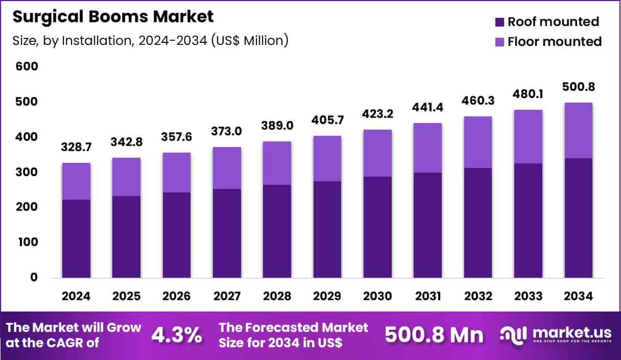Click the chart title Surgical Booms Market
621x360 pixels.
[x=113, y=16]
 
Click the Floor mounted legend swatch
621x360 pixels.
[x=500, y=42]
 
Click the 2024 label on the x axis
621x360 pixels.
[x=76, y=296]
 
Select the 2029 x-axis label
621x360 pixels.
[x=327, y=296]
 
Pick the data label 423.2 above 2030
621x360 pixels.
[x=377, y=113]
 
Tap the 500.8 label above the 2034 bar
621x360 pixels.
[x=579, y=86]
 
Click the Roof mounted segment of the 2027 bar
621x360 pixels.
[x=227, y=233]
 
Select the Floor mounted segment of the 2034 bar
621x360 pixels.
[x=579, y=131]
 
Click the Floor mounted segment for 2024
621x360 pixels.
[x=76, y=181]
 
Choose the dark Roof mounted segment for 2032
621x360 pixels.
[x=478, y=223]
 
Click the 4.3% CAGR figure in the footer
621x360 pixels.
[x=176, y=335]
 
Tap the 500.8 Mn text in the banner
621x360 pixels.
[x=433, y=335]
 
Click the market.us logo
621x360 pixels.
[x=555, y=335]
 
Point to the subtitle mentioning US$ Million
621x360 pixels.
[x=150, y=40]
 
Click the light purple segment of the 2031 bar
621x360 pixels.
[x=428, y=148]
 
